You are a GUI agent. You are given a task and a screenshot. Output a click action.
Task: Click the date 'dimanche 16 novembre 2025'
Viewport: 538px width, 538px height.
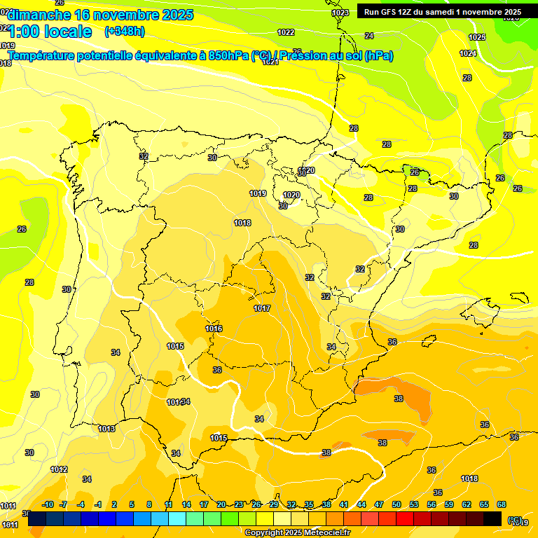click(99, 15)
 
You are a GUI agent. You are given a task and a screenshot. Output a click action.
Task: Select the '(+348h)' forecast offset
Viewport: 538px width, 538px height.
click(124, 32)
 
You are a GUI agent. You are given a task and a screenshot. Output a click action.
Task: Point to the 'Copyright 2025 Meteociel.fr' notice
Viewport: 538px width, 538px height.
click(297, 532)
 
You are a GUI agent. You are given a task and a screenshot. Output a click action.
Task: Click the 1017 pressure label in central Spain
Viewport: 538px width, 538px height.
click(262, 308)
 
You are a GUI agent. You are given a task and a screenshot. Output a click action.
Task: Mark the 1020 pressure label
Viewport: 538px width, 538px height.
click(291, 195)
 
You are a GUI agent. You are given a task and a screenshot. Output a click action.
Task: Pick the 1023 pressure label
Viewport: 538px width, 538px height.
click(340, 13)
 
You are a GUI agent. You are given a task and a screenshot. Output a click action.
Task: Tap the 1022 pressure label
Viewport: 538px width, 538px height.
click(286, 32)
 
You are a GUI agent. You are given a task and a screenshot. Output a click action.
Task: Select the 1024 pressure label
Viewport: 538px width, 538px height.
click(468, 53)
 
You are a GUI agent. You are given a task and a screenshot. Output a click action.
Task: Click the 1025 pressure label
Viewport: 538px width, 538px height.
click(477, 37)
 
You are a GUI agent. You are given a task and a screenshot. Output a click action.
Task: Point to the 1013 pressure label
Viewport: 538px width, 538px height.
click(106, 429)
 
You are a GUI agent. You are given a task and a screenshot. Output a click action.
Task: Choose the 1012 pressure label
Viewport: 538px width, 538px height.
click(59, 469)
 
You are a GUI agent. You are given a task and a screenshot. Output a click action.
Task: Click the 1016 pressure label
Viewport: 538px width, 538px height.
click(214, 329)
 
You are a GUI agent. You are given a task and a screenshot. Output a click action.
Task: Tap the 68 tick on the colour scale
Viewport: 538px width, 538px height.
click(502, 504)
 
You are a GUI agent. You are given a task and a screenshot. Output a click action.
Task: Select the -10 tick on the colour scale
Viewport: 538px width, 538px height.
click(48, 504)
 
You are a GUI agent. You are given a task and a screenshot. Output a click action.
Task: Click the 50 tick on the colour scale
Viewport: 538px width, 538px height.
click(396, 504)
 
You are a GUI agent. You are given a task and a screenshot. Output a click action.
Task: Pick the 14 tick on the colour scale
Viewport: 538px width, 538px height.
click(186, 504)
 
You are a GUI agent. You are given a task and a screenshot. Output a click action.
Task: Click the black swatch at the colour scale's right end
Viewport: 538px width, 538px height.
click(492, 519)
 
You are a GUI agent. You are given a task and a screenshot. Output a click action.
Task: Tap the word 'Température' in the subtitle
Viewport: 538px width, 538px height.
click(42, 55)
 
